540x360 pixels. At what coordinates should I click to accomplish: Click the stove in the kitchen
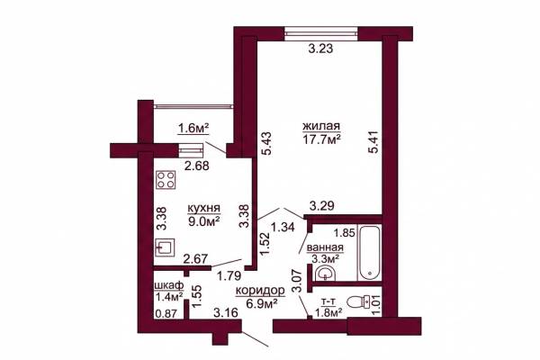point(166,180)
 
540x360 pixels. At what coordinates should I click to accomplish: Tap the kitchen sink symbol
point(166,247)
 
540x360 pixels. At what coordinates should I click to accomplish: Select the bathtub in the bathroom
point(369,252)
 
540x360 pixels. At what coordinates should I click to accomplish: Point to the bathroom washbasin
point(325,274)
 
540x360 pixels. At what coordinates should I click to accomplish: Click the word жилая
point(321,126)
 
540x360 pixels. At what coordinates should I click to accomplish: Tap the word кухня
point(204,209)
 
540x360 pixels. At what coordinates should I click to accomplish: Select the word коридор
point(260,291)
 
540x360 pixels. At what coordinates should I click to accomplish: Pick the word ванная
point(325,247)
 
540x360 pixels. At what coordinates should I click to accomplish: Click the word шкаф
point(169,285)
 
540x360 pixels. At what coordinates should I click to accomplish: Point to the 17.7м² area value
point(321,139)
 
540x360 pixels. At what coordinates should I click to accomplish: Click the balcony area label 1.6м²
point(193,129)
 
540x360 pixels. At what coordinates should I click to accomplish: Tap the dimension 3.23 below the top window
point(320,49)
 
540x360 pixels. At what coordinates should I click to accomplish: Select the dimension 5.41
point(373,141)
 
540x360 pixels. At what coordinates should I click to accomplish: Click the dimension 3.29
point(321,206)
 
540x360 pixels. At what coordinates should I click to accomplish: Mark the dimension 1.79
point(230,275)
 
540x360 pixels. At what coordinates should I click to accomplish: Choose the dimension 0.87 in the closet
point(166,313)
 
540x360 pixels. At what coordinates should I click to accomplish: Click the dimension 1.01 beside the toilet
point(376,305)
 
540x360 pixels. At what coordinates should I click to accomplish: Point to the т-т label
point(328,302)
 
